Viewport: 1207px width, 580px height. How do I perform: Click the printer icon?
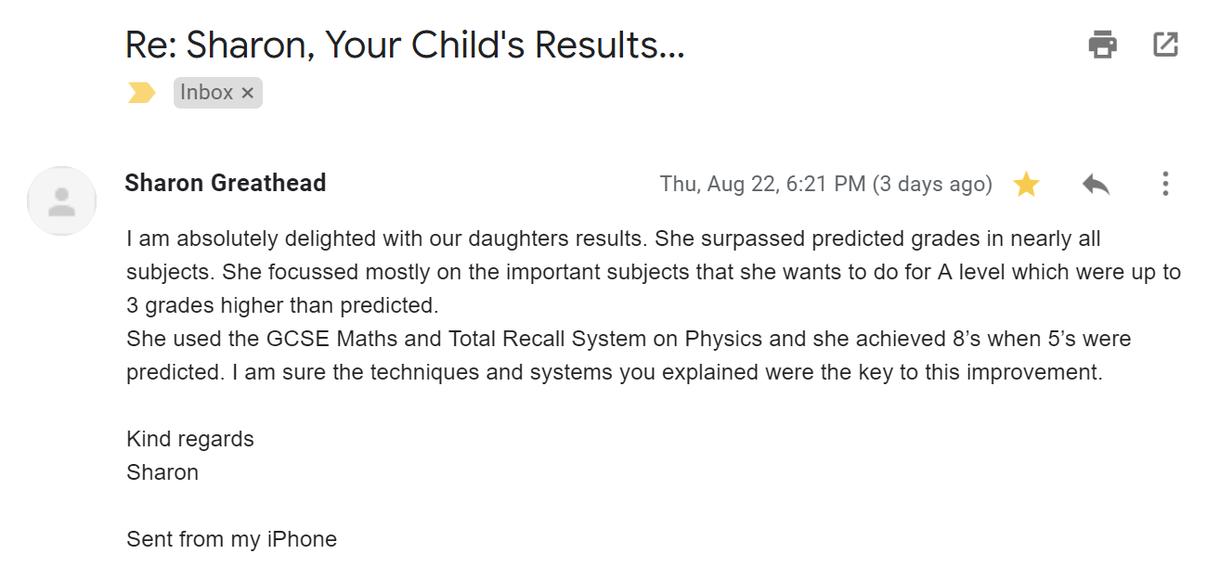pos(1102,45)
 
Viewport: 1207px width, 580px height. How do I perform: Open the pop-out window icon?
pos(1165,45)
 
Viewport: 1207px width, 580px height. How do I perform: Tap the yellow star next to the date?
pos(1026,184)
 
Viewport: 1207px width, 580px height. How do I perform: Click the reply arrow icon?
pos(1096,184)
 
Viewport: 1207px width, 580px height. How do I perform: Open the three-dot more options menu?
pos(1165,184)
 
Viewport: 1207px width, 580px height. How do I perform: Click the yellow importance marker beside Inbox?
pos(141,93)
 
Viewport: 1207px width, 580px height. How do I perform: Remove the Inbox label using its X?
pos(247,93)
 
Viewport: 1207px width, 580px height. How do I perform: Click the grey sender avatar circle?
pos(61,200)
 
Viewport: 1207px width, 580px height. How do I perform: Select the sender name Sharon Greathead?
pos(226,183)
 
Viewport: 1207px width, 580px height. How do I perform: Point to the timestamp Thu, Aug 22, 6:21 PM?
pos(762,184)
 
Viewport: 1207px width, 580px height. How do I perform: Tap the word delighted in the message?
pos(330,238)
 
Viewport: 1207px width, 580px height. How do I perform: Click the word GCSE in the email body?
pos(297,340)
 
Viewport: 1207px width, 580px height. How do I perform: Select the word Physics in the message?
pos(723,340)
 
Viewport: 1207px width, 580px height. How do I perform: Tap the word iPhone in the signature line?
pos(302,539)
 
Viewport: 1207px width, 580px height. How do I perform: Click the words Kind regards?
pos(189,440)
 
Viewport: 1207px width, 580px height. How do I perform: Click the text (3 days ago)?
pos(932,184)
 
